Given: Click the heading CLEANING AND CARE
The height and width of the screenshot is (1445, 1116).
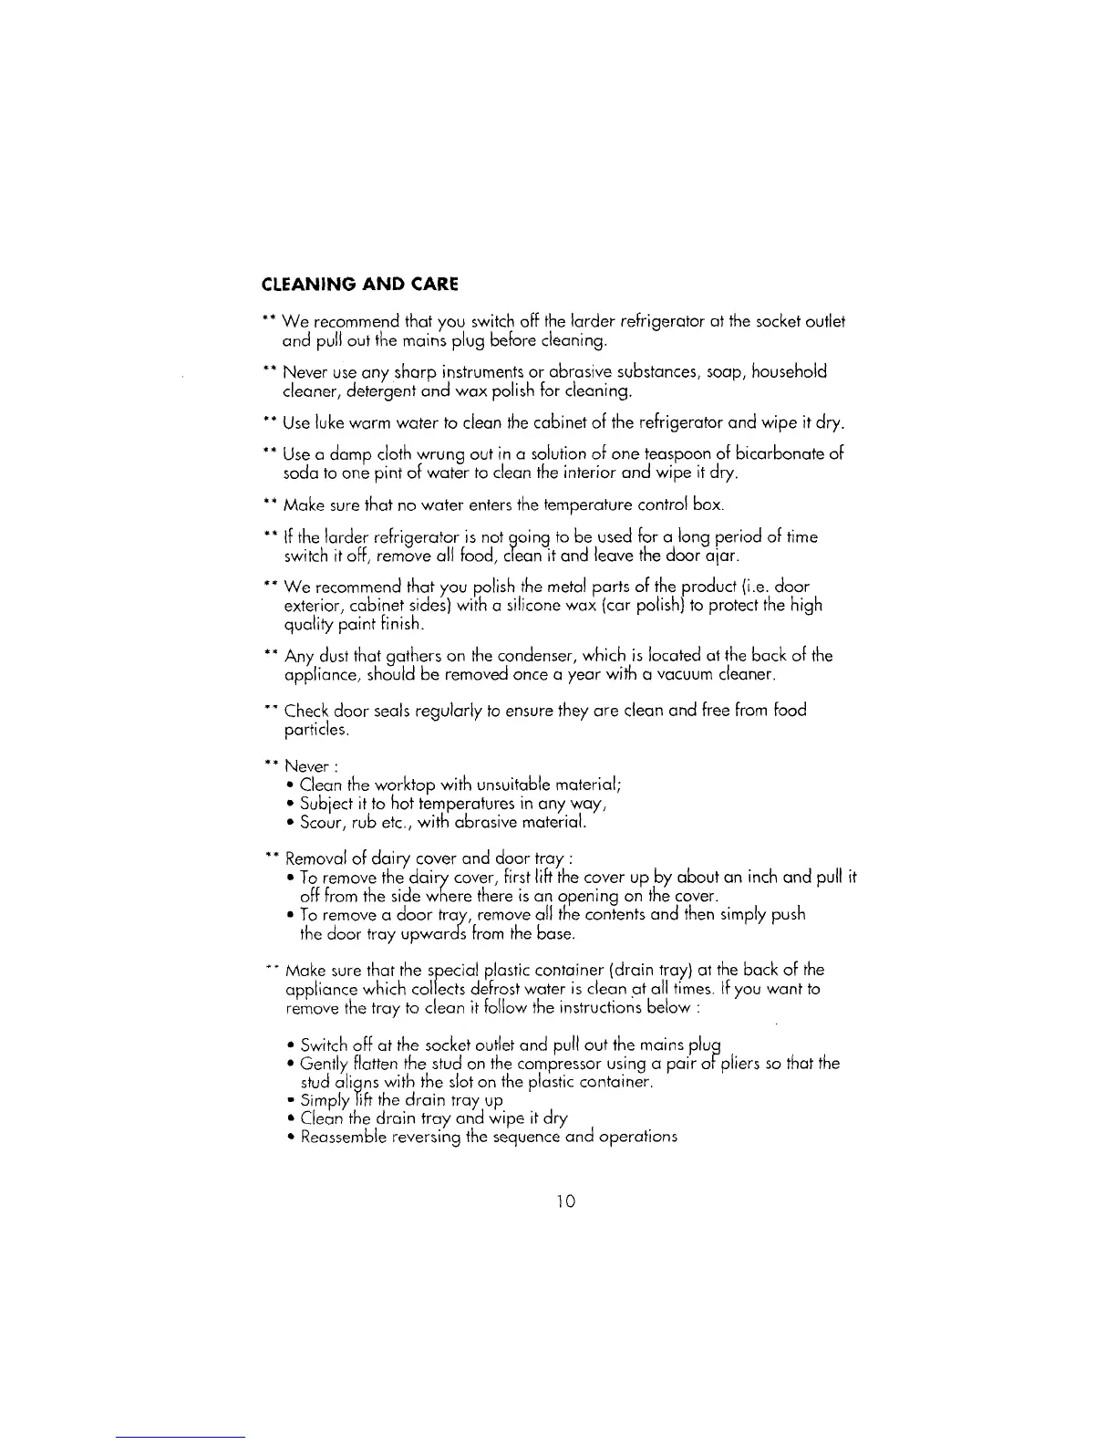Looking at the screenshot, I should tap(359, 284).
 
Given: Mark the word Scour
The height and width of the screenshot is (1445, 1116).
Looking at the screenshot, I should tap(322, 823).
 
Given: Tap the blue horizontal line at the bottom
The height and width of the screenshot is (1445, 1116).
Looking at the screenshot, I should tap(181, 1438).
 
